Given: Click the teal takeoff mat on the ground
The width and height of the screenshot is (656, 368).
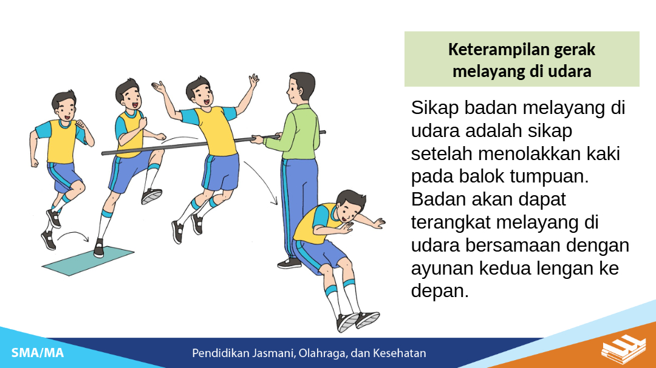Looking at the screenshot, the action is (x=88, y=260).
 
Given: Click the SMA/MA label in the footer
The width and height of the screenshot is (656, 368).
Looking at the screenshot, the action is (x=38, y=353).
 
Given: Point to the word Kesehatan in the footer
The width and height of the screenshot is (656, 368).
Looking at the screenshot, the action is (x=399, y=353).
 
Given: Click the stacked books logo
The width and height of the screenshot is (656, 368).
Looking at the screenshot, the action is (x=624, y=349).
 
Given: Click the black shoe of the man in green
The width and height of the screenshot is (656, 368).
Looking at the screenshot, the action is (x=290, y=263).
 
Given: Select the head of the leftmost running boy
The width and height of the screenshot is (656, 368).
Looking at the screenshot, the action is (x=64, y=106).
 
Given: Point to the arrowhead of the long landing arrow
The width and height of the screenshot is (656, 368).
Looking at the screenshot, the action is (x=275, y=201).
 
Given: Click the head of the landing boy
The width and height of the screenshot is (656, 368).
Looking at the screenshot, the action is (x=350, y=207).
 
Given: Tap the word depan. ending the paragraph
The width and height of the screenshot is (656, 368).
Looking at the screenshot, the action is (x=440, y=292).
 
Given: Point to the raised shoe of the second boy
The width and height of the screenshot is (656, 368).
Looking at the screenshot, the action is (x=151, y=196).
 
